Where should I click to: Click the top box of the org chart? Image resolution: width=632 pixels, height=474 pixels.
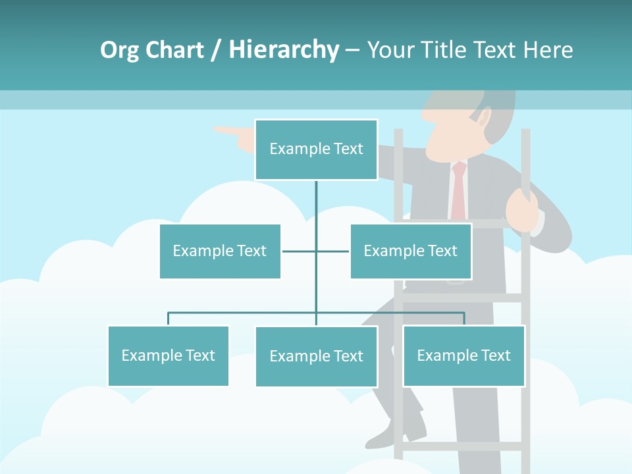[x=316, y=149]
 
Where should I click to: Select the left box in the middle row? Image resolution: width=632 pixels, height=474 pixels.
[x=220, y=251]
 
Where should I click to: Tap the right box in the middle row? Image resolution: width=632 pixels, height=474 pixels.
[x=410, y=251]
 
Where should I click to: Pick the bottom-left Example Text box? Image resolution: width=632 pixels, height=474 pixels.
[x=168, y=355]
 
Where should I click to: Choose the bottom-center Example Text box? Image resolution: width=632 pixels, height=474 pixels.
[x=316, y=356]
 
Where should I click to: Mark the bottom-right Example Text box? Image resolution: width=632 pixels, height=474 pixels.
[x=463, y=355]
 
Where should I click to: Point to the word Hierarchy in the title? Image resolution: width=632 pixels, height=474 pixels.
[x=284, y=50]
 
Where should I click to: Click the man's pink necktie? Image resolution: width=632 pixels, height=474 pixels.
[x=458, y=191]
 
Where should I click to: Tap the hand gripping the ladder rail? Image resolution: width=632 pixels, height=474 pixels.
[x=522, y=209]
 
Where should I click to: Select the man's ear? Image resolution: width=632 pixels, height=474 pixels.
[x=484, y=118]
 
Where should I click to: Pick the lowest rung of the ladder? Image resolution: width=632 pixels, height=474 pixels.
[x=461, y=446]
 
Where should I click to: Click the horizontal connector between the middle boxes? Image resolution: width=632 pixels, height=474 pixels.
[x=315, y=251]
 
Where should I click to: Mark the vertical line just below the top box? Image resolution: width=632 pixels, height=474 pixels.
[x=316, y=197]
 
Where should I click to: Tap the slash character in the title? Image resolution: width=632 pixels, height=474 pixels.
[x=217, y=50]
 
